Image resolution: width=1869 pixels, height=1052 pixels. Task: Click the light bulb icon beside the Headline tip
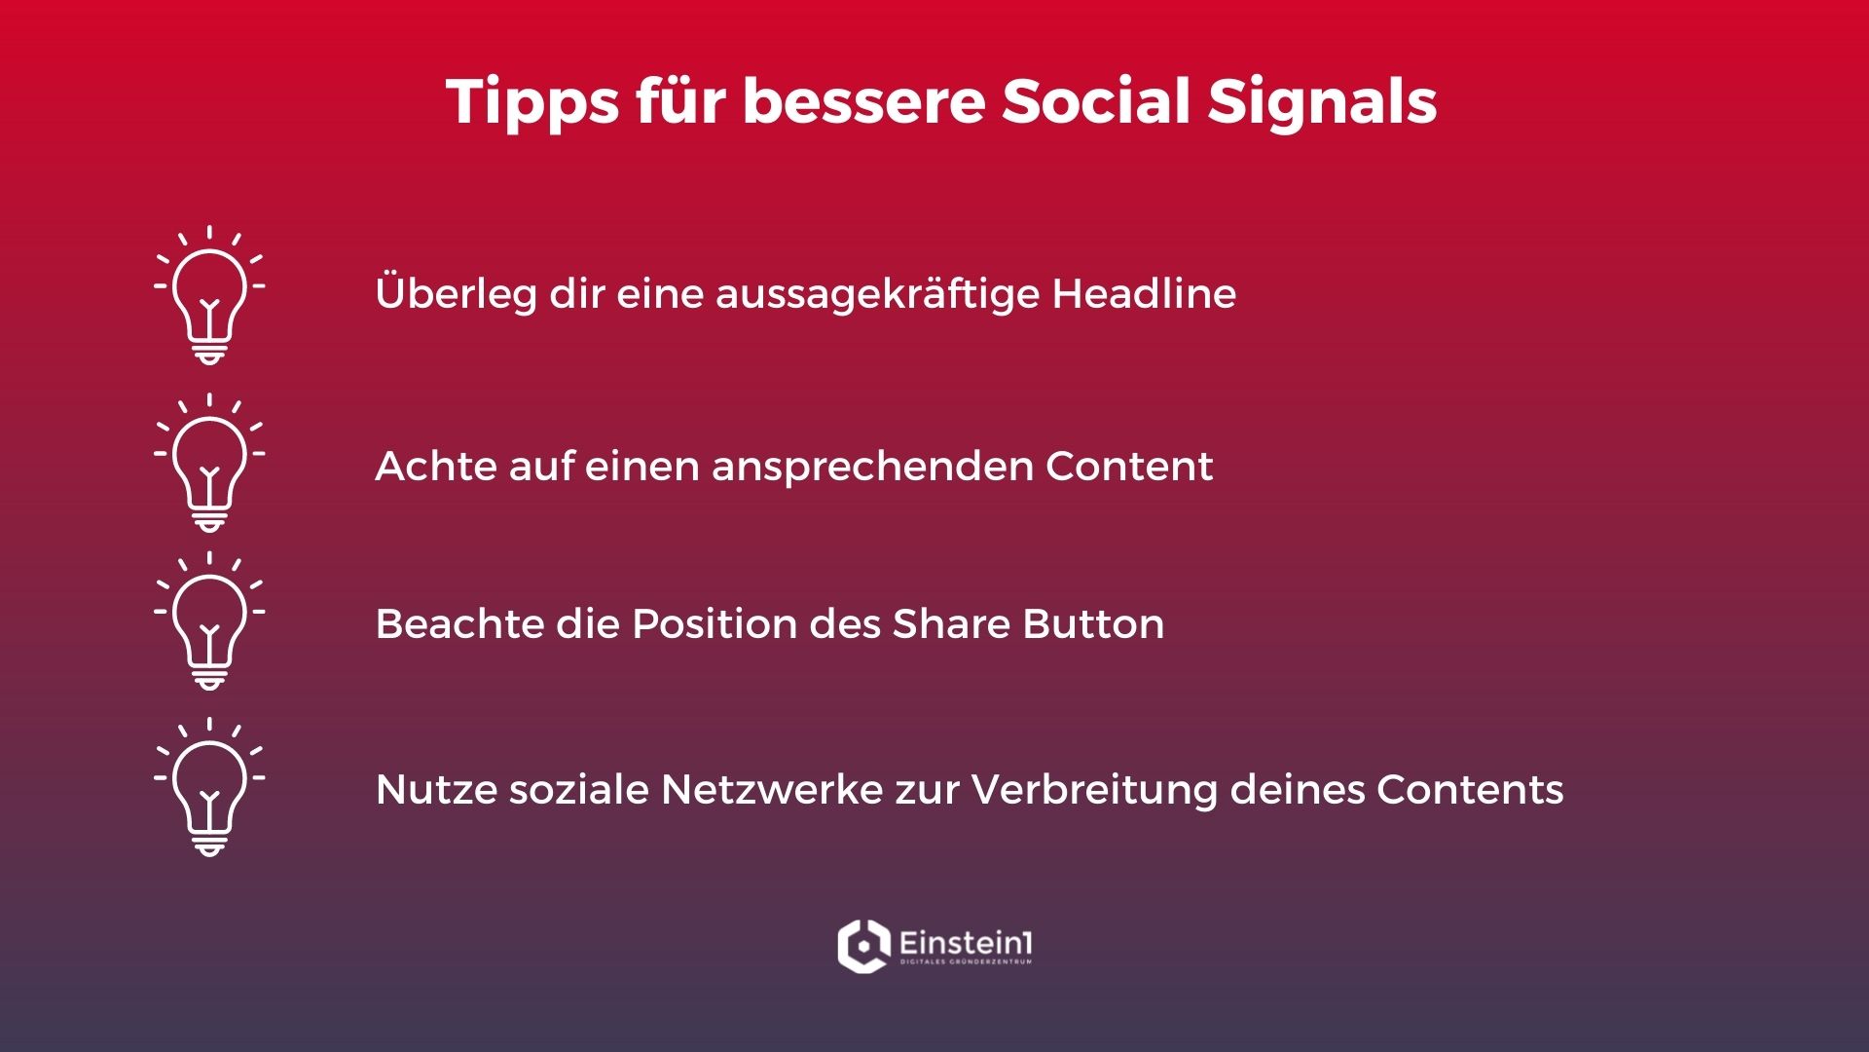click(209, 295)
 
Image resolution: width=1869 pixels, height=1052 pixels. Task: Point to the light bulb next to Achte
click(209, 463)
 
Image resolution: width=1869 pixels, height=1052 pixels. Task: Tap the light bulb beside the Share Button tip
click(209, 621)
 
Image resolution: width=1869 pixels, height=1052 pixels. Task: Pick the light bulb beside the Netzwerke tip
click(209, 787)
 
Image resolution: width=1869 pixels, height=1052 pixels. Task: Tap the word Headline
click(1144, 292)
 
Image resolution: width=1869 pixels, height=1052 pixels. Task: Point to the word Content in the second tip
click(1129, 466)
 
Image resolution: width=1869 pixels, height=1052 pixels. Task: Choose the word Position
click(715, 623)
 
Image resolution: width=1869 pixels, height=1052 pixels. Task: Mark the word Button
click(1093, 623)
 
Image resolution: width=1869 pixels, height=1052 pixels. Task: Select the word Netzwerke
click(772, 789)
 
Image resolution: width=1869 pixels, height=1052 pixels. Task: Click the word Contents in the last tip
click(1470, 789)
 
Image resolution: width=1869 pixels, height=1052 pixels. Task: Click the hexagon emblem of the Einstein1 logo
click(863, 945)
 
